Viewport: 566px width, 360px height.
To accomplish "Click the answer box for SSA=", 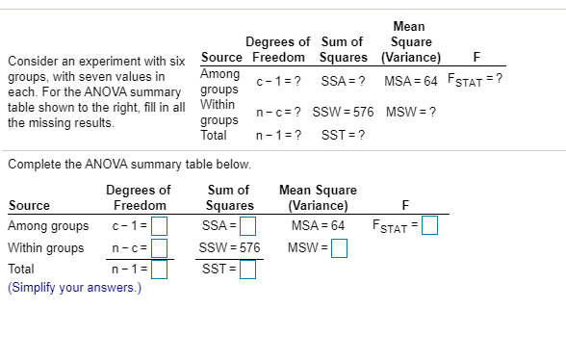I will coord(247,227).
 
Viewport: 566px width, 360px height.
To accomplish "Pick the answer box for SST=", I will coord(247,269).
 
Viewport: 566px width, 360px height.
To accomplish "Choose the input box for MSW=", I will coord(339,248).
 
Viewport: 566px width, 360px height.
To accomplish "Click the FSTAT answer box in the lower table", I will coord(429,227).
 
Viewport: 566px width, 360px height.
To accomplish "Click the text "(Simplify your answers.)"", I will coord(74,286).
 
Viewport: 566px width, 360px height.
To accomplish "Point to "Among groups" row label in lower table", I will coord(48,226).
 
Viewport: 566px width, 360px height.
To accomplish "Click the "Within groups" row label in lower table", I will coord(45,247).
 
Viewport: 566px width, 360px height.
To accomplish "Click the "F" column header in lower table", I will coord(407,205).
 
